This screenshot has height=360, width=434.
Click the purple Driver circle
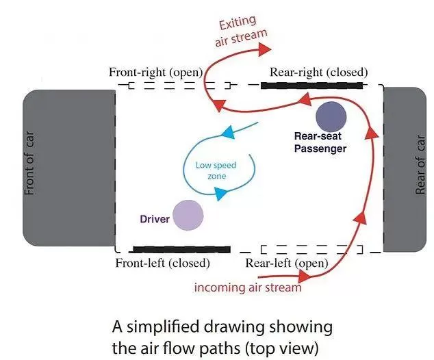pos(188,215)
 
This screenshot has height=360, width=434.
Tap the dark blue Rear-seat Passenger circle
pos(331,116)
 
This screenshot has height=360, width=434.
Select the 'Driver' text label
pos(155,219)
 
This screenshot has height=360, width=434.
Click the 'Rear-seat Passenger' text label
pos(320,142)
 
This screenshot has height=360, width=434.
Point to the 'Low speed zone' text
pos(216,170)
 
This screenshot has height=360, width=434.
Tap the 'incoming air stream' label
pos(248,287)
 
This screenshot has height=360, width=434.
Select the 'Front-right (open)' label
pos(156,73)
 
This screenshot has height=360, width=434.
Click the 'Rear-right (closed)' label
pos(319,73)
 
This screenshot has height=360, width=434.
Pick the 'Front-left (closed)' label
pos(162,263)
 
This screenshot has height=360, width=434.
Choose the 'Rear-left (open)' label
pos(287,263)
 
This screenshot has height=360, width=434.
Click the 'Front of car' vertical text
pos(29,164)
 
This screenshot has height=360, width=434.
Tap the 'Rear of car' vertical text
pos(420,165)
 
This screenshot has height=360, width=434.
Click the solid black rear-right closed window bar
pos(311,86)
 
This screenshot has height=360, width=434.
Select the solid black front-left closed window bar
pos(181,250)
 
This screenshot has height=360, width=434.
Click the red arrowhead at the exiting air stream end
pos(265,49)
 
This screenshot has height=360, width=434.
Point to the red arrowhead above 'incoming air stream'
pos(305,276)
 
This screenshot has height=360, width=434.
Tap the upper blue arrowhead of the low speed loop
pos(229,132)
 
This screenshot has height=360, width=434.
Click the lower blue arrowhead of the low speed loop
pos(221,193)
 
